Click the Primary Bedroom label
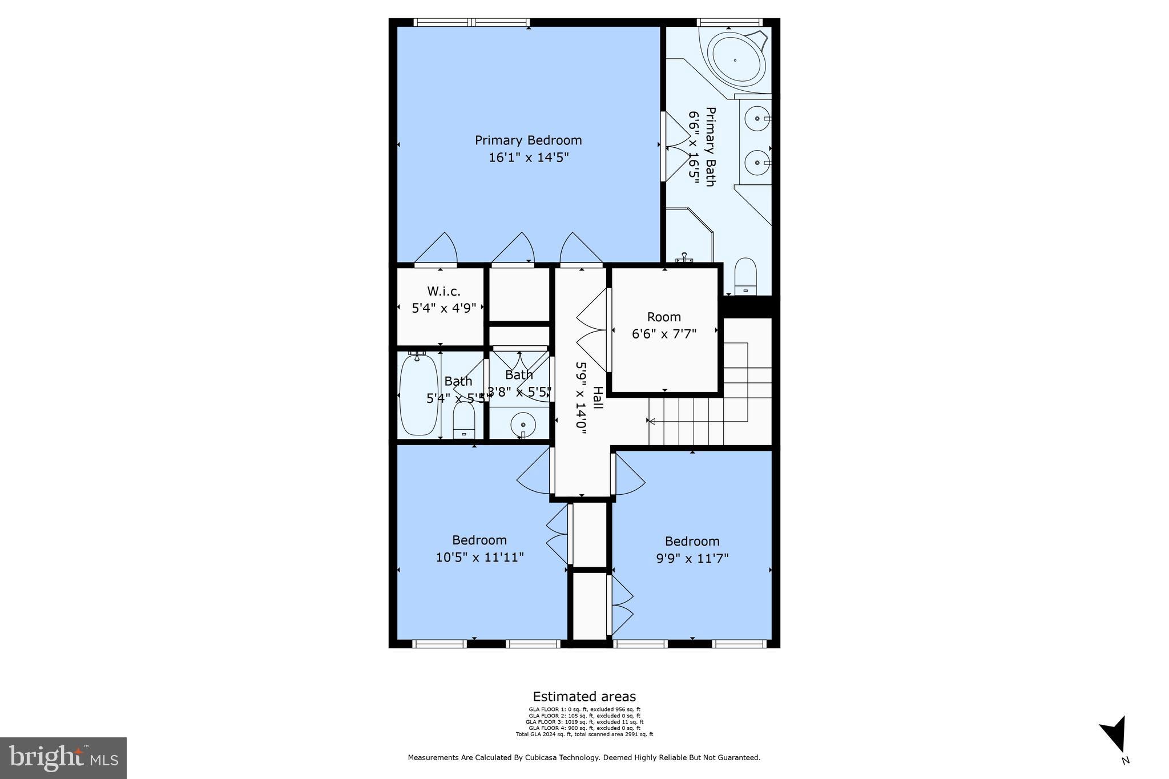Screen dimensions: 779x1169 528,140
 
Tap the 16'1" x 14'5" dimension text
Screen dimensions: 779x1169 528,158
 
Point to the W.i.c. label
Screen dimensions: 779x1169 444,292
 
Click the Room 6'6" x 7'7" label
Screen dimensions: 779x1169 664,325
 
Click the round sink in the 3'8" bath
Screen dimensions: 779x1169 523,425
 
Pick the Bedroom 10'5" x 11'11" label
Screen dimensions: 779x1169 479,548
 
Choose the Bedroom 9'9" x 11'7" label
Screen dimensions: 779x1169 692,550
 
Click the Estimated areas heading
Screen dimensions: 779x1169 584,696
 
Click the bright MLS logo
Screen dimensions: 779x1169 63,758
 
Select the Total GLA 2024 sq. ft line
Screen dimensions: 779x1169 584,734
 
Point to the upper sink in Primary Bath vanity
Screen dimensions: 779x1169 757,119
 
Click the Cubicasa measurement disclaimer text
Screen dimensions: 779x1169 584,758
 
